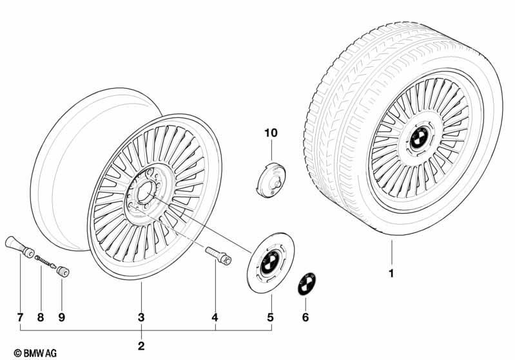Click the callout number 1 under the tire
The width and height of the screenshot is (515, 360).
pos(391,273)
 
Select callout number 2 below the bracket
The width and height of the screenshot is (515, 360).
pos(141,346)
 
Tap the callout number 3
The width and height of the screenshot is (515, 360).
pos(141,317)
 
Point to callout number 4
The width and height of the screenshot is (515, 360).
pos(215,317)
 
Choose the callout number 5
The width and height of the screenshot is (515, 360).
pos(270,317)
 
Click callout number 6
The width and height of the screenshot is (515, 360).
pos(306,317)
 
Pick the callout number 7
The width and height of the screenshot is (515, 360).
pos(21,317)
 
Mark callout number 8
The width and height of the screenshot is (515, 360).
pos(41,317)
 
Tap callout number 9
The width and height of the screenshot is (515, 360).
pos(62,317)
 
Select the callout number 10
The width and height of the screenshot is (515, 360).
pos(271,133)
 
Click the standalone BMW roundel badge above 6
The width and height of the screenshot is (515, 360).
pos(306,284)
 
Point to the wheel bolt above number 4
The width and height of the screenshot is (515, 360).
pos(219,256)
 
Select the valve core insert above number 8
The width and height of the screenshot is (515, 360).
pos(45,261)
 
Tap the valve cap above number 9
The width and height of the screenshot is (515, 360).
pos(63,272)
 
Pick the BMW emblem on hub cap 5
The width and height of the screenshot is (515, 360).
pos(269,263)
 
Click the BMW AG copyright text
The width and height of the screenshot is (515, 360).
pos(35,353)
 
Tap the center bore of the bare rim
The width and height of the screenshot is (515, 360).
pos(144,191)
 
